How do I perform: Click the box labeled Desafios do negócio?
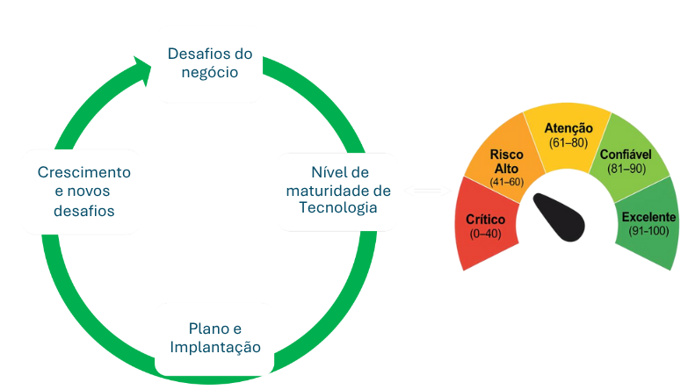click(x=208, y=63)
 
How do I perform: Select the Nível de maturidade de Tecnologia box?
click(x=337, y=190)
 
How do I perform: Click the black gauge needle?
click(x=557, y=214)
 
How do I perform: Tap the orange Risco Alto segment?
click(x=505, y=162)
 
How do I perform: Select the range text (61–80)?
click(x=568, y=141)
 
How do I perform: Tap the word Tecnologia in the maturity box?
click(x=337, y=209)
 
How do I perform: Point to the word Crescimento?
click(x=83, y=171)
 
